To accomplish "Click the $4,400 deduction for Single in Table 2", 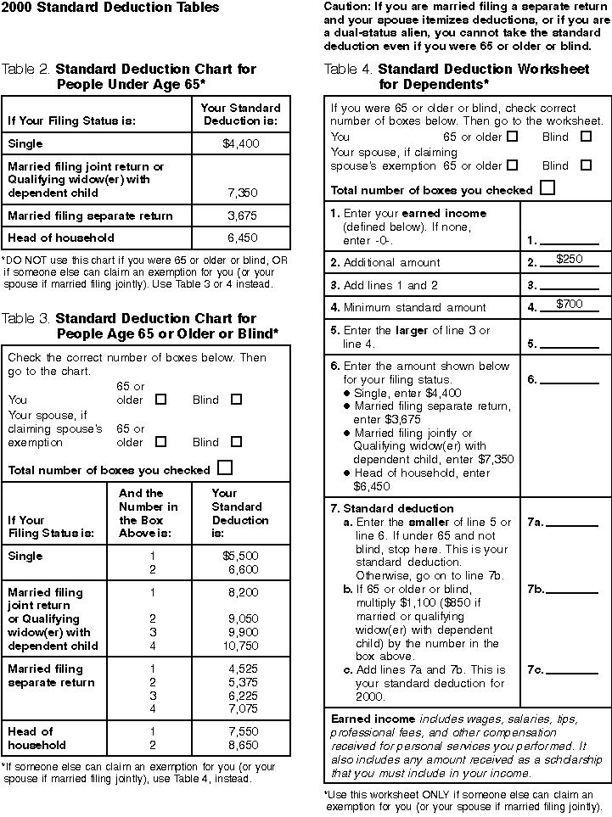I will click(x=240, y=144).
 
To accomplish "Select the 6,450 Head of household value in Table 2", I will click(x=242, y=238).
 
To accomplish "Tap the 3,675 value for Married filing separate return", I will click(x=242, y=216).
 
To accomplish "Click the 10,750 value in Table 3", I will click(x=240, y=646).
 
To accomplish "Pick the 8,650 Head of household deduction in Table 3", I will click(x=242, y=746).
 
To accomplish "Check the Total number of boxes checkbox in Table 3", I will click(x=225, y=467).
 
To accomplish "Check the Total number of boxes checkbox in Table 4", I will click(x=547, y=188).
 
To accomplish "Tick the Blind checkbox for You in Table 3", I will click(x=236, y=399).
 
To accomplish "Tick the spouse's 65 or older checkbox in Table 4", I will click(x=512, y=165).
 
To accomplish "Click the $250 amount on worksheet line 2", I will click(x=569, y=260).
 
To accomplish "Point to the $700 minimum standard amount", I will click(x=569, y=304).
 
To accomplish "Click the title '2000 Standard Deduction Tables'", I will click(x=110, y=8).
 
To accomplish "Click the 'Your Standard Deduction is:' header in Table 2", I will click(x=241, y=115).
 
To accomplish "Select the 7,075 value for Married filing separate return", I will click(x=242, y=708).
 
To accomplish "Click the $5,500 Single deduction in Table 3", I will click(x=240, y=557).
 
